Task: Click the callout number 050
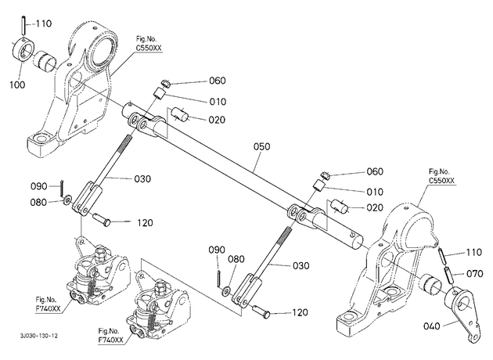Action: (x=261, y=146)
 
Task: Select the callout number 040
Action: (x=431, y=326)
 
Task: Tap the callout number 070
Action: (x=474, y=274)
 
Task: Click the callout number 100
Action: (x=17, y=85)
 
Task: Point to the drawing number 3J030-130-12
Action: (x=39, y=336)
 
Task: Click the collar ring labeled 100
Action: (x=23, y=49)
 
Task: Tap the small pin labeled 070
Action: (x=447, y=274)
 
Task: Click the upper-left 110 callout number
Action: (x=43, y=23)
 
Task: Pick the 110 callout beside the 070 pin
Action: (x=473, y=252)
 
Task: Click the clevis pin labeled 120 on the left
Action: (x=102, y=218)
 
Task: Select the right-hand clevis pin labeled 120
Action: (x=261, y=310)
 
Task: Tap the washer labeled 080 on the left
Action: (x=67, y=200)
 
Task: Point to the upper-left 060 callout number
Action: (x=218, y=81)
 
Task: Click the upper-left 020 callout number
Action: (x=217, y=120)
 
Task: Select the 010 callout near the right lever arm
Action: (x=375, y=192)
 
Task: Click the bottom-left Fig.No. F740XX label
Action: (x=48, y=304)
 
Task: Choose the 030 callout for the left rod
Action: (x=142, y=179)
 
